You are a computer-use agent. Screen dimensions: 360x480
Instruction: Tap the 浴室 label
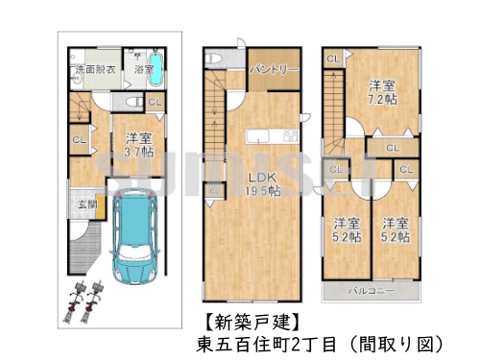(x=144, y=70)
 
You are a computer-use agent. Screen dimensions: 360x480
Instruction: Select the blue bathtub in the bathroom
(x=157, y=70)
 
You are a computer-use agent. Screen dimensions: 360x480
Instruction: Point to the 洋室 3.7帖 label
(x=132, y=144)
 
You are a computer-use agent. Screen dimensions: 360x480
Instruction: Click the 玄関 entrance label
(x=85, y=204)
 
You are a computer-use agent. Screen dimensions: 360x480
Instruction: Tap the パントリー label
(x=274, y=70)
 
